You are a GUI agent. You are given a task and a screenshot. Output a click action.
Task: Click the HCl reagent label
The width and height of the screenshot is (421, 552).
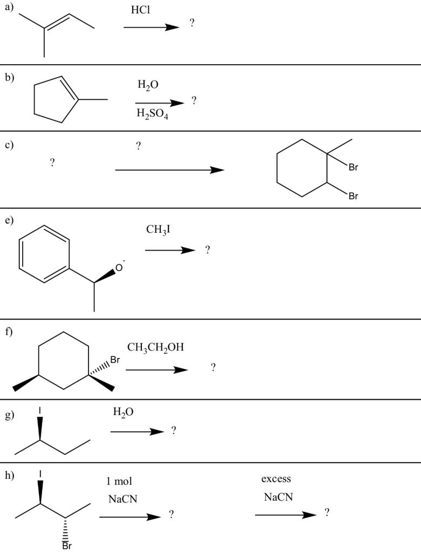tap(141, 10)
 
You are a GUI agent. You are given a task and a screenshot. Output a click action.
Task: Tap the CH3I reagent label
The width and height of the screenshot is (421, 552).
tap(158, 230)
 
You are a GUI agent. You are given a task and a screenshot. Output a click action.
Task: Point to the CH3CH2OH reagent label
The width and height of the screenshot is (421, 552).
tap(155, 347)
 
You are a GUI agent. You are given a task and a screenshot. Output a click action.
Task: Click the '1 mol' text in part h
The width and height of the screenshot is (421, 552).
tap(120, 481)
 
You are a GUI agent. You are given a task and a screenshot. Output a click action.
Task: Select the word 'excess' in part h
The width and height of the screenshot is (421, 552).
tap(276, 479)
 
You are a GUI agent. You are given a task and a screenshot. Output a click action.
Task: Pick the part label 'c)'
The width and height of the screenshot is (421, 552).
tap(9, 144)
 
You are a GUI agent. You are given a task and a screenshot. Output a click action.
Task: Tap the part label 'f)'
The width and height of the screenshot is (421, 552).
tap(9, 332)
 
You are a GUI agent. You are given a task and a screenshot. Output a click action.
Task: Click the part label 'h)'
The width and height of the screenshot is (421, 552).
tap(9, 475)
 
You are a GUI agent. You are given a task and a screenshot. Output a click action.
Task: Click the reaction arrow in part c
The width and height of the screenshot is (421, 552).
tap(169, 170)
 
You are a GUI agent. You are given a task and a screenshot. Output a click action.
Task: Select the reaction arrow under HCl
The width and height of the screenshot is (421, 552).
tap(151, 27)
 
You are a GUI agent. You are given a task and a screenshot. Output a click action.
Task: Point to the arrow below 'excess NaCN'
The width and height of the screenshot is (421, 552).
tap(286, 515)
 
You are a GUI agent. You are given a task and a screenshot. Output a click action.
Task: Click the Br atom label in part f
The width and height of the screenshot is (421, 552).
tap(115, 360)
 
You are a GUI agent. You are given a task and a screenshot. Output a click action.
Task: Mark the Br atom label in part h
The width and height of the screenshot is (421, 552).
tap(67, 545)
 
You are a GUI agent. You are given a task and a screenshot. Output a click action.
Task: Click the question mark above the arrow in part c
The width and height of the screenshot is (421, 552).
tap(139, 146)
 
